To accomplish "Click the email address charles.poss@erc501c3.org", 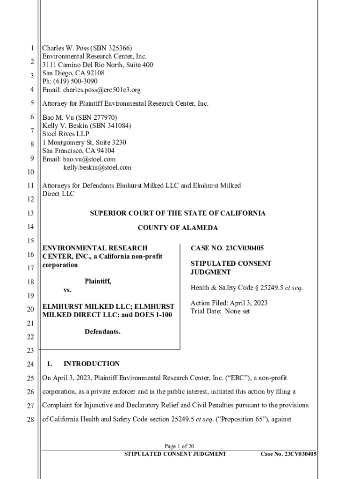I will coord(102,90).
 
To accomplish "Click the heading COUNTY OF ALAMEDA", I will coord(177,228).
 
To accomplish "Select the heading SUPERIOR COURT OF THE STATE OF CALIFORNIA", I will coord(177,213).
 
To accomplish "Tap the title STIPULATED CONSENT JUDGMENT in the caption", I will coord(224,268).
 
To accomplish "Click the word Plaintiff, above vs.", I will coord(98,281).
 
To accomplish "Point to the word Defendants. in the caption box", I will coord(102,332).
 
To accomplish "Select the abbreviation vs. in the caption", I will coord(68,290).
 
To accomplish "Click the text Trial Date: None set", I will coord(220,311).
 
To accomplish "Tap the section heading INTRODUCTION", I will coord(92,363).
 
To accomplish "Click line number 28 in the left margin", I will coord(30,420).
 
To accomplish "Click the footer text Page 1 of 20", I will coord(180,446).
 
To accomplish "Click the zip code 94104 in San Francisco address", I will coord(105,151).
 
